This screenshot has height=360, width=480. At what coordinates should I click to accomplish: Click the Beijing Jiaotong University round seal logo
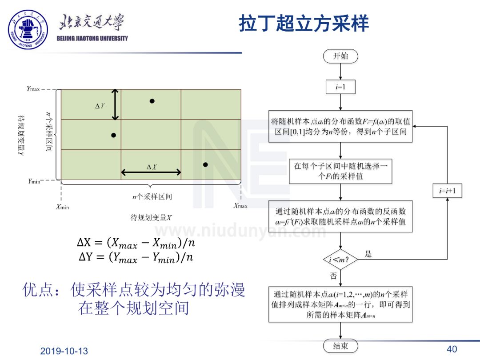click(x=28, y=29)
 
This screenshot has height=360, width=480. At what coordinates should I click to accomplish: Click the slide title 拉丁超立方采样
click(x=304, y=23)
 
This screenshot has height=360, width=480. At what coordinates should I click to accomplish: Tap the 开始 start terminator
click(x=340, y=56)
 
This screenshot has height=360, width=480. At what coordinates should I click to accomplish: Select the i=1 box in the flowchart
click(x=340, y=87)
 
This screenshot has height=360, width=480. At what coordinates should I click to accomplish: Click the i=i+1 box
click(x=447, y=192)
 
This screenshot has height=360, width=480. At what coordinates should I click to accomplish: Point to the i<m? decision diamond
click(x=340, y=259)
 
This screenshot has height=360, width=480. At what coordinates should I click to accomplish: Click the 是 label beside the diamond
click(x=368, y=254)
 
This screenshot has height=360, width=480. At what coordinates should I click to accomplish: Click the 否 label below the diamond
click(x=333, y=276)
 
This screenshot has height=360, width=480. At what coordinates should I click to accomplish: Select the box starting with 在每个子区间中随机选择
click(x=340, y=171)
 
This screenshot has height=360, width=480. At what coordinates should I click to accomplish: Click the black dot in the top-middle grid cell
click(x=152, y=101)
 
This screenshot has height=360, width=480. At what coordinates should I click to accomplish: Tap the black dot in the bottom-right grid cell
click(x=205, y=164)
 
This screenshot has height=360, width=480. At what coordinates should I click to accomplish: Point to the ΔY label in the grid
click(x=100, y=106)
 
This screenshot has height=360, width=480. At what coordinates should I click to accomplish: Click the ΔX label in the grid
click(x=152, y=167)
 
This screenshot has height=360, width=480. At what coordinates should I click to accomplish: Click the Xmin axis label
click(x=62, y=207)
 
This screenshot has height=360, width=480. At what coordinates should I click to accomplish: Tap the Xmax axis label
click(x=240, y=206)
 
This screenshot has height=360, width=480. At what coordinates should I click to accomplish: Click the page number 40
click(x=452, y=349)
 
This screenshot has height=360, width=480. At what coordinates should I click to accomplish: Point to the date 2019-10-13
click(x=64, y=351)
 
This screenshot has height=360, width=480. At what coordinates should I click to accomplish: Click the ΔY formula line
click(x=136, y=258)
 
